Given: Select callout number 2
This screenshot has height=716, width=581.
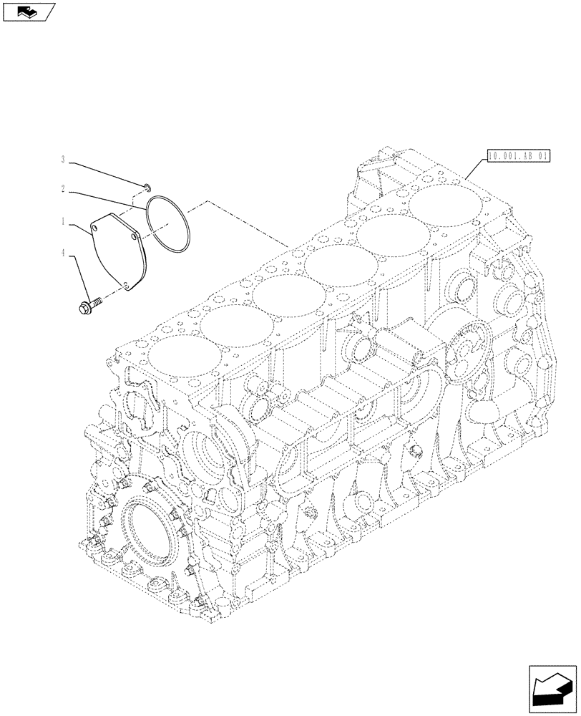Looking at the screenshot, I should coord(63,190).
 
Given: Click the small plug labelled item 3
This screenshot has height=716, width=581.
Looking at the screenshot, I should coord(145,188).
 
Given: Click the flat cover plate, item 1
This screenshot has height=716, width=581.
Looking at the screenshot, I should coord(118,251).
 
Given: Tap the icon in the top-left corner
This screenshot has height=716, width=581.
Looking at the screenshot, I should coord(29,11).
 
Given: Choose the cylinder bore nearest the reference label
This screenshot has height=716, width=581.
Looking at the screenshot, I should coord(446,206).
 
